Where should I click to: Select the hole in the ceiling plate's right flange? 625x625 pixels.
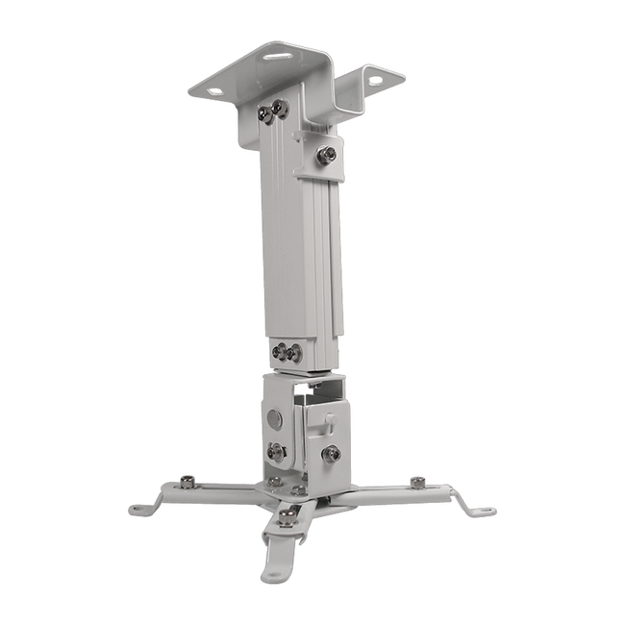pos(373,81)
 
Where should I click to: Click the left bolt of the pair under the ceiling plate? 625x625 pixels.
pos(263,113)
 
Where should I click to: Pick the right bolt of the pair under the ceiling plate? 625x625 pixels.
pos(280,108)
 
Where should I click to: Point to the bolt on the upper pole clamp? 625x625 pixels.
pos(327,154)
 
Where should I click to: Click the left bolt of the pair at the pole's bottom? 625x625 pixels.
pos(280,352)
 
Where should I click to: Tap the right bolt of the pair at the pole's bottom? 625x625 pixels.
pos(294,353)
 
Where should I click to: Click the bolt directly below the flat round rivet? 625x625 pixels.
pos(277,451)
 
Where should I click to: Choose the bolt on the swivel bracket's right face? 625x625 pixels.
pos(332,453)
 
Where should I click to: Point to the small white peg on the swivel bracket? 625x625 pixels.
pos(327,420)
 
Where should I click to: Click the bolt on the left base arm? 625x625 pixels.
pos(187,482)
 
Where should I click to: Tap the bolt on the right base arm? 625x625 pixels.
pos(417,483)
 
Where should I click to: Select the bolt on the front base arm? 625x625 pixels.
pos(287,519)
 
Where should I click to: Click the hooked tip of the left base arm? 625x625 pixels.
pos(140,507)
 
